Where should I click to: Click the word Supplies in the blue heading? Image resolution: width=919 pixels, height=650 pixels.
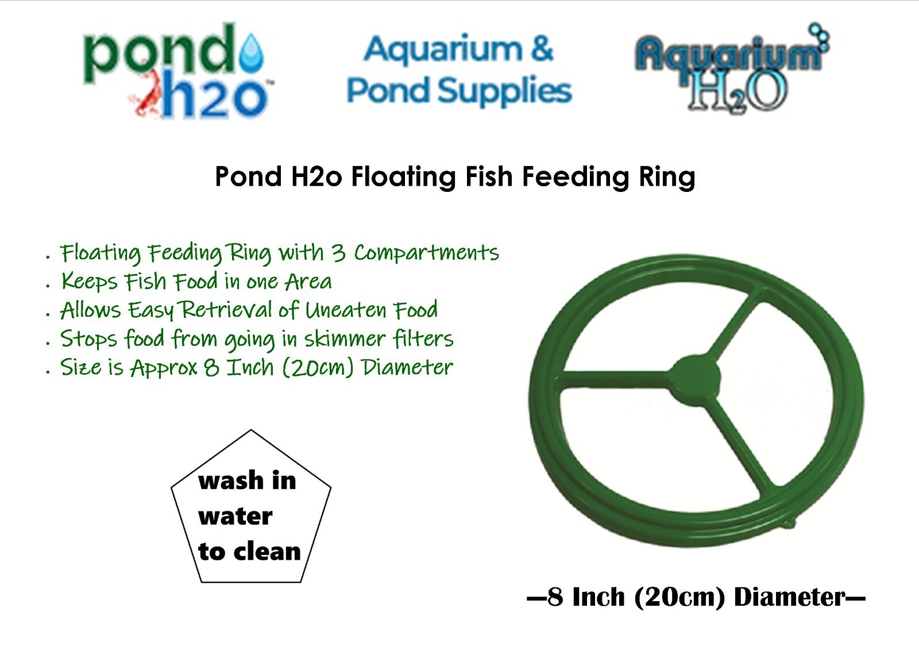pyautogui.click(x=505, y=91)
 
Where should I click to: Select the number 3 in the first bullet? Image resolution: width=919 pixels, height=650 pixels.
pyautogui.click(x=338, y=252)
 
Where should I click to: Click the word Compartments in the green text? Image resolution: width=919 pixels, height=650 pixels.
pyautogui.click(x=427, y=252)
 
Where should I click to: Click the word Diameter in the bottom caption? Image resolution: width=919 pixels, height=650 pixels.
pyautogui.click(x=789, y=597)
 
